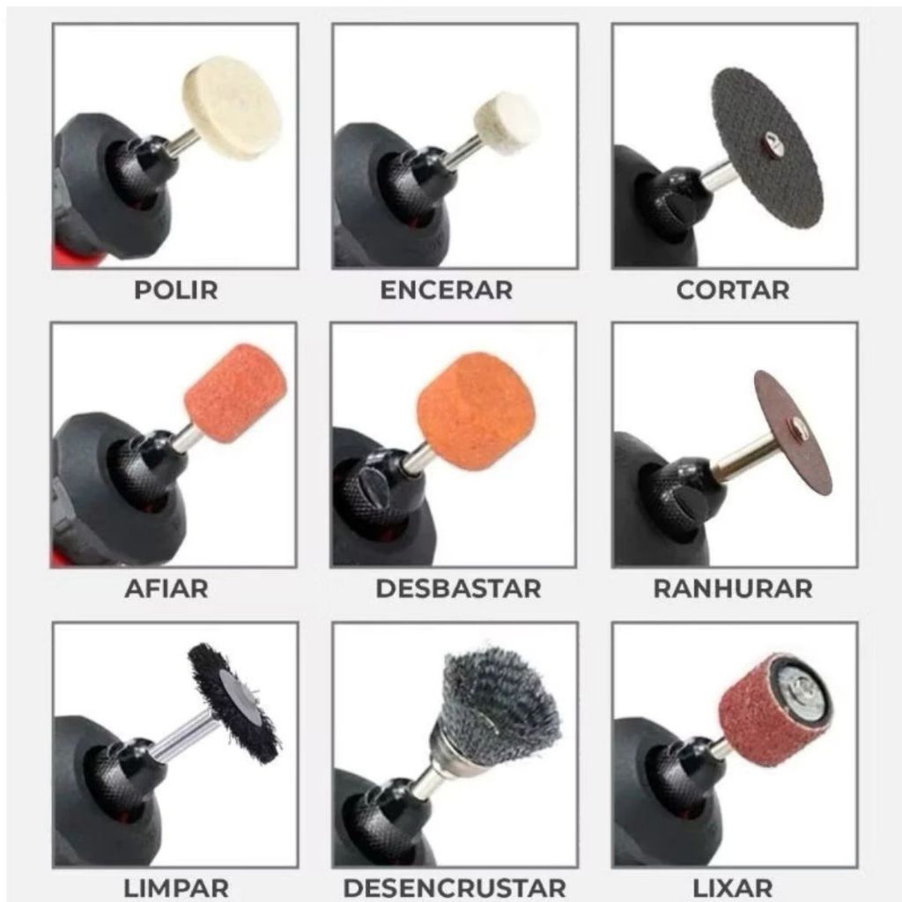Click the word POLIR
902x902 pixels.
176,290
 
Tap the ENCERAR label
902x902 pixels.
447,290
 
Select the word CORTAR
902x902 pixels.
733,290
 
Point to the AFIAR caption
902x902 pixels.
166,589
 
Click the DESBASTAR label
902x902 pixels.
458,589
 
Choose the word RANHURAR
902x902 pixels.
734,589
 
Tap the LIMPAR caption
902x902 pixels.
176,888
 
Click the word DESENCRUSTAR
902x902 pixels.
455,888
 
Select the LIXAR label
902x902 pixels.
733,888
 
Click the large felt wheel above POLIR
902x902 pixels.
232,107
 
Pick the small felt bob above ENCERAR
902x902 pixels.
506,122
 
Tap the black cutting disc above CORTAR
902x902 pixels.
767,148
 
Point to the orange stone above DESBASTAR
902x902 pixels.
476,411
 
